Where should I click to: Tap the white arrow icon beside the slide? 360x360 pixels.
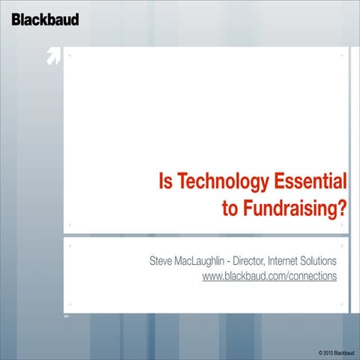point(53,57)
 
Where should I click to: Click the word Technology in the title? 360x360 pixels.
point(214,182)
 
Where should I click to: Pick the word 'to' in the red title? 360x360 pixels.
point(230,208)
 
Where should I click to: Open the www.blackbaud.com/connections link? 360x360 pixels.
point(269,276)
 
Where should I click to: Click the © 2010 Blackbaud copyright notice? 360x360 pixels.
point(336,352)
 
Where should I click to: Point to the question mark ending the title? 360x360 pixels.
point(343,208)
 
